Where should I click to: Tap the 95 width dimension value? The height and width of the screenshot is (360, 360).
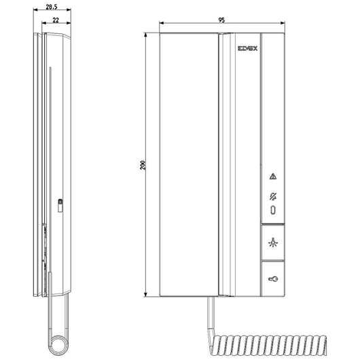(x=221, y=21)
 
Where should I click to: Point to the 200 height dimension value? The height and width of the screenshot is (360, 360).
(x=142, y=165)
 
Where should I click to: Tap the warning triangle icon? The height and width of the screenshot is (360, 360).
(x=272, y=177)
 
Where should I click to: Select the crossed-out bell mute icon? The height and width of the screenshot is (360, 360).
(x=272, y=197)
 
